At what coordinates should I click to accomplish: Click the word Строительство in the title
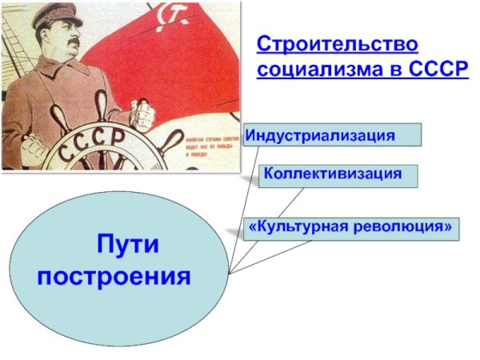pos(337,44)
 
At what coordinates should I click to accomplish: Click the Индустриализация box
pos(331,134)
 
